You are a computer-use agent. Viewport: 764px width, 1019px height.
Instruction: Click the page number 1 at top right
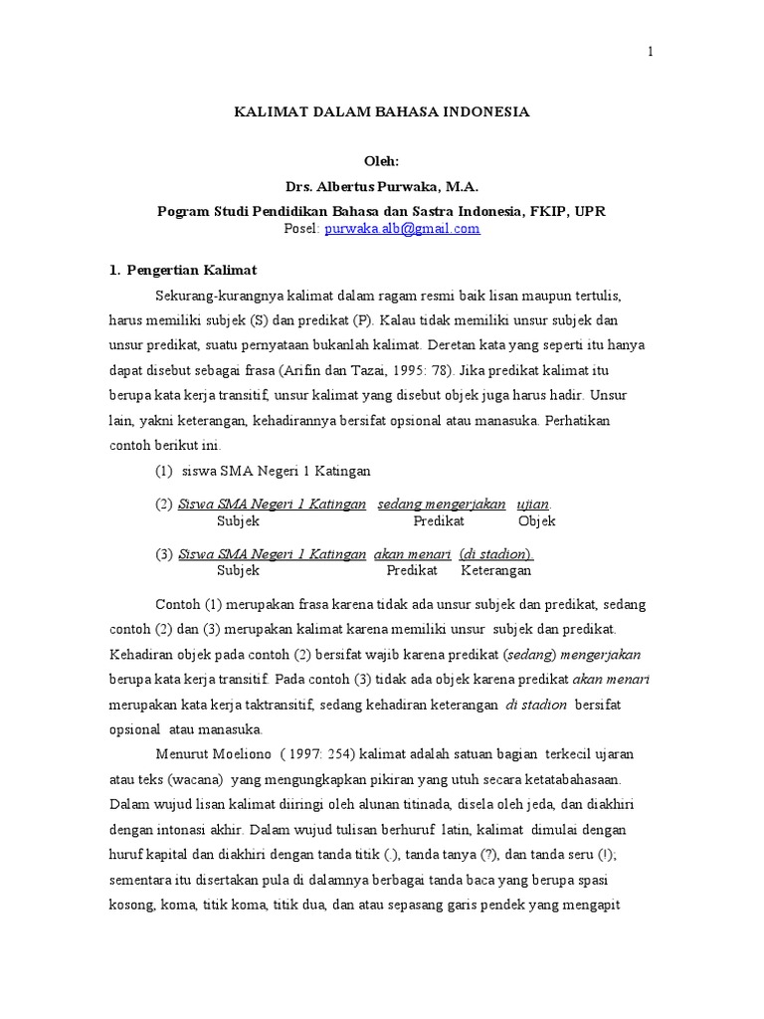(x=651, y=53)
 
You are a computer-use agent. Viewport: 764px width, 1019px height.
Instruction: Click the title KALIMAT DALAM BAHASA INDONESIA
(x=382, y=112)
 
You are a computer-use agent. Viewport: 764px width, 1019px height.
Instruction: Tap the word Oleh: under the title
(x=382, y=161)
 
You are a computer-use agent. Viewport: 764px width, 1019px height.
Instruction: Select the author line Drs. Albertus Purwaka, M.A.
(x=382, y=186)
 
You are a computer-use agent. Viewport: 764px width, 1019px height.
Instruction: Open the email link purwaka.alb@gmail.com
(x=403, y=228)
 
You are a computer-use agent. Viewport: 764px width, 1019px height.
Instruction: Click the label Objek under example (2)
(x=537, y=520)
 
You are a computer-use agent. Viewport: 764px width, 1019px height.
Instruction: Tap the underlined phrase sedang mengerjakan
(x=442, y=504)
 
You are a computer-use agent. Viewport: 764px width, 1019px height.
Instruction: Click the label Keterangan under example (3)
(x=495, y=570)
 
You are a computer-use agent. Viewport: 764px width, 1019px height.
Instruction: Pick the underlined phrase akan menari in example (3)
(x=412, y=554)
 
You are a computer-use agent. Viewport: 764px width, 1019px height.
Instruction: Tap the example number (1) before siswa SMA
(x=165, y=471)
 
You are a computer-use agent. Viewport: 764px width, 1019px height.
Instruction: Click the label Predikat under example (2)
(x=439, y=520)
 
